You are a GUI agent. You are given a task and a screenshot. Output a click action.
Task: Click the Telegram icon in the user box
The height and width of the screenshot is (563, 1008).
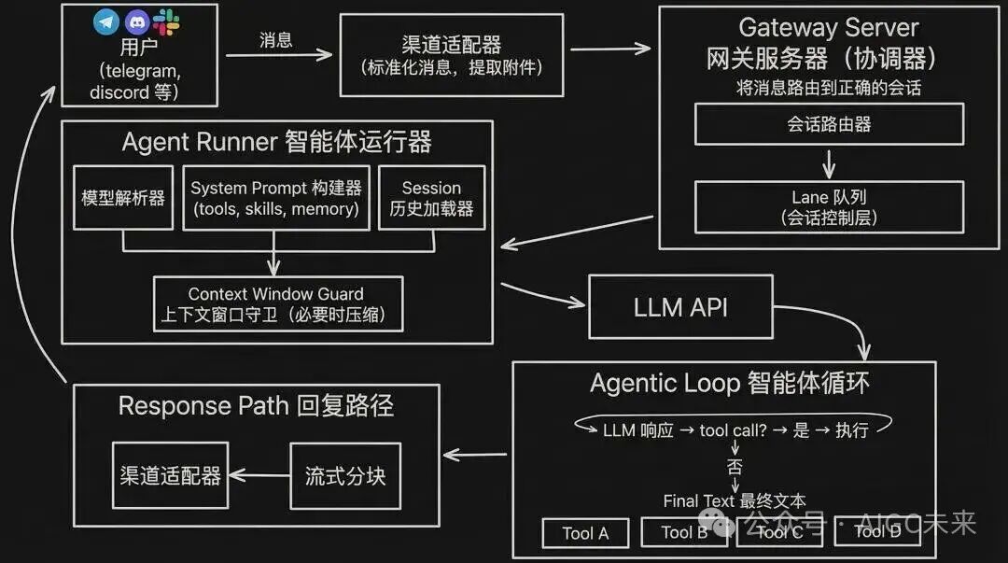106,21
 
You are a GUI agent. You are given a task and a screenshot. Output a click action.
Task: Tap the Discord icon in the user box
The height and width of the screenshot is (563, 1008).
136,21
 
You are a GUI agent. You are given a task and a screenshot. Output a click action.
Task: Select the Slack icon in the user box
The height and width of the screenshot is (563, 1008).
167,21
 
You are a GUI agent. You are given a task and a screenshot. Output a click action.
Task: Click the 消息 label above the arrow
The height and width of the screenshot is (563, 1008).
275,39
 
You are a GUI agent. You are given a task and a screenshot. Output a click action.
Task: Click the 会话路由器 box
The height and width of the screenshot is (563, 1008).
829,124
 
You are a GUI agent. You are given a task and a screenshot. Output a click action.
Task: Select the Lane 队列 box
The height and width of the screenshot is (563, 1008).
829,207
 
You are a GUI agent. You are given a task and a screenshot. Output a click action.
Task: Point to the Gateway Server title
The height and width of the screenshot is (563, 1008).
829,28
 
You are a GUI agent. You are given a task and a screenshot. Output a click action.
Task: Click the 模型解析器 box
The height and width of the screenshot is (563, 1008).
123,198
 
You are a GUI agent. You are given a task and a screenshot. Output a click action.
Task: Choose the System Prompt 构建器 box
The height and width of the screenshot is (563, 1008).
275,198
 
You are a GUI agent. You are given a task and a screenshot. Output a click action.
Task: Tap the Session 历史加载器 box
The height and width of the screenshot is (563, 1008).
431,198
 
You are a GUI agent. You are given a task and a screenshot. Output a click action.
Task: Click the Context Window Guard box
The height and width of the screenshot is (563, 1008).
279,303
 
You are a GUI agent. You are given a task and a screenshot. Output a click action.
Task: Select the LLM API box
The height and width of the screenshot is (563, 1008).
680,307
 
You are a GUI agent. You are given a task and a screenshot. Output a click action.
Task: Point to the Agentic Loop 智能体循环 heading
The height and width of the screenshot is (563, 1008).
730,384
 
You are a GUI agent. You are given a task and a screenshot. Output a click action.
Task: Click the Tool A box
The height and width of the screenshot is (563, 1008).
585,533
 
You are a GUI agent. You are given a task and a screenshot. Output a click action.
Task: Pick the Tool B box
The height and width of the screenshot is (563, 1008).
684,533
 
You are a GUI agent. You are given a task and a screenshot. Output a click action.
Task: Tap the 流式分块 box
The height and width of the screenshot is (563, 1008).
344,475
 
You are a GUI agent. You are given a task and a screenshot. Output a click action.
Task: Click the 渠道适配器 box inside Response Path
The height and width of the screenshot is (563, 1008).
170,475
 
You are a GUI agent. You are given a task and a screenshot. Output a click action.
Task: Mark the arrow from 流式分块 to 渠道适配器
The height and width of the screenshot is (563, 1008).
259,475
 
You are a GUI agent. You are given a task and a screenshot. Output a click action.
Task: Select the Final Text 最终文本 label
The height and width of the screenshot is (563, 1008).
735,501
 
